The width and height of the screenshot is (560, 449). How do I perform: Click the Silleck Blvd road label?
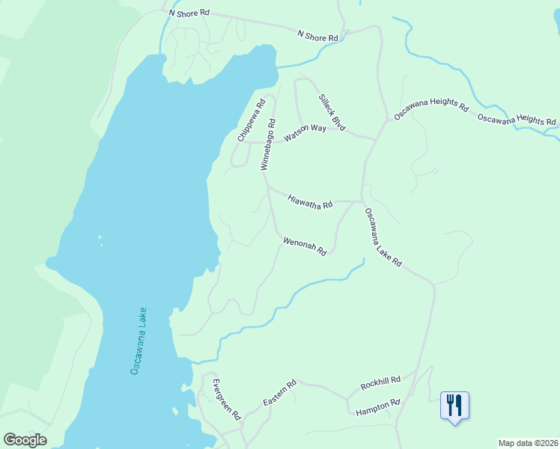click(x=332, y=113)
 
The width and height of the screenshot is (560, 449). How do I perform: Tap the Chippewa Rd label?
click(x=252, y=120)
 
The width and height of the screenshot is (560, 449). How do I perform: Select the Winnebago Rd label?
click(x=268, y=145)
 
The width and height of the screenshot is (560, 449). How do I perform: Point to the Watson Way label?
click(x=305, y=134)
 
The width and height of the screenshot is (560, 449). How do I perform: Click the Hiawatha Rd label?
click(x=310, y=201)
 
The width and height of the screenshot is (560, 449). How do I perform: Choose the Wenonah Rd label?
click(x=305, y=246)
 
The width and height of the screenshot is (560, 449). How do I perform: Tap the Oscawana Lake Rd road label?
click(x=383, y=237)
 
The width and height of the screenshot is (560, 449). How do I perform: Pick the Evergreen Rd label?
click(x=225, y=399)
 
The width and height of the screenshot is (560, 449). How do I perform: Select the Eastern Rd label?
click(x=280, y=394)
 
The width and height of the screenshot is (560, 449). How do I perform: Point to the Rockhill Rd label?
click(x=380, y=382)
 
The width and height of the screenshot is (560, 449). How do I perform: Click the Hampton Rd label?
click(x=378, y=407)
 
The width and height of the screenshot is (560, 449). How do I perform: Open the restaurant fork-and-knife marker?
click(x=454, y=406)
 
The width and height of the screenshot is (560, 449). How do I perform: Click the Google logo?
click(x=25, y=440)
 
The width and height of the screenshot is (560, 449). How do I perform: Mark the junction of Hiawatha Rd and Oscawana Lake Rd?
click(x=362, y=201)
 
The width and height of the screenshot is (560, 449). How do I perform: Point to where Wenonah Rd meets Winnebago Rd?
click(x=276, y=233)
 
